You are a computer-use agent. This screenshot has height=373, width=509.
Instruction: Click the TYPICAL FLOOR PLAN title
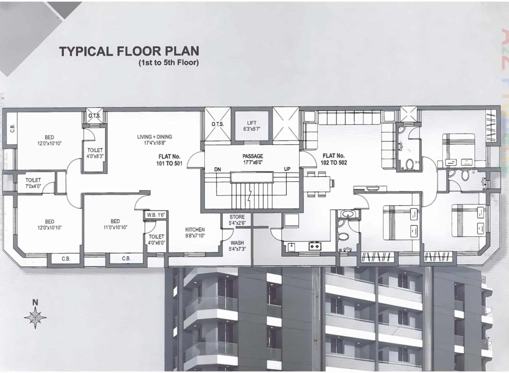pos(129,51)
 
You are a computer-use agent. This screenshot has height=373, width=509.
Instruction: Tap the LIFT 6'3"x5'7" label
pos(252,126)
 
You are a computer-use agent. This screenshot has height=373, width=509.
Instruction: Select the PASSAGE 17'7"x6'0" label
pos(253,159)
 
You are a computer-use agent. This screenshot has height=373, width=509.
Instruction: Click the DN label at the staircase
pos(217,169)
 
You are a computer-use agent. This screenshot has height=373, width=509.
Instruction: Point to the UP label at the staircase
pos(287,169)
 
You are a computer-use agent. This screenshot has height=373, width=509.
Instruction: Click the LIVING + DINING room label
pos(154,140)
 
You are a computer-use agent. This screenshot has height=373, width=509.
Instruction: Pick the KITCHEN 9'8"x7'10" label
pos(195,233)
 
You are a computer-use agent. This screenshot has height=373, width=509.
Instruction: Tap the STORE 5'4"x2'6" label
pos(237,220)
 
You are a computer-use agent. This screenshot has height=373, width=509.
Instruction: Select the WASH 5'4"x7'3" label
pos(237,246)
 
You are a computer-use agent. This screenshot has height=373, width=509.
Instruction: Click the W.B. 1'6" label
pos(156,215)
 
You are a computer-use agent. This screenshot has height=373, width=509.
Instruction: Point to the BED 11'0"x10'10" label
pos(115,224)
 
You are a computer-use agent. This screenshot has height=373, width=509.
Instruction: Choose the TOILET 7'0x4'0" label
pos(33,183)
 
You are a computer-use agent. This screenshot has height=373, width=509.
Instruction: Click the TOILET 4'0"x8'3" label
pos(95,153)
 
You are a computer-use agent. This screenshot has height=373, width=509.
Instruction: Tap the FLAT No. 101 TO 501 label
pos(169,160)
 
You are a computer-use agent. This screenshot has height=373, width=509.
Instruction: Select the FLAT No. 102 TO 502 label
pos(334,159)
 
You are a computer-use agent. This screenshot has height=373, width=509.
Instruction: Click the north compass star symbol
pos(35,318)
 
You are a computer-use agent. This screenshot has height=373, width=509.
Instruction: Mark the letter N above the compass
pos(35,302)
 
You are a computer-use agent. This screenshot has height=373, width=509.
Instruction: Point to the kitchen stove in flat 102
pos(314,246)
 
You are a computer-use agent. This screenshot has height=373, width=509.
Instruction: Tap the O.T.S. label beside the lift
pos(217,124)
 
